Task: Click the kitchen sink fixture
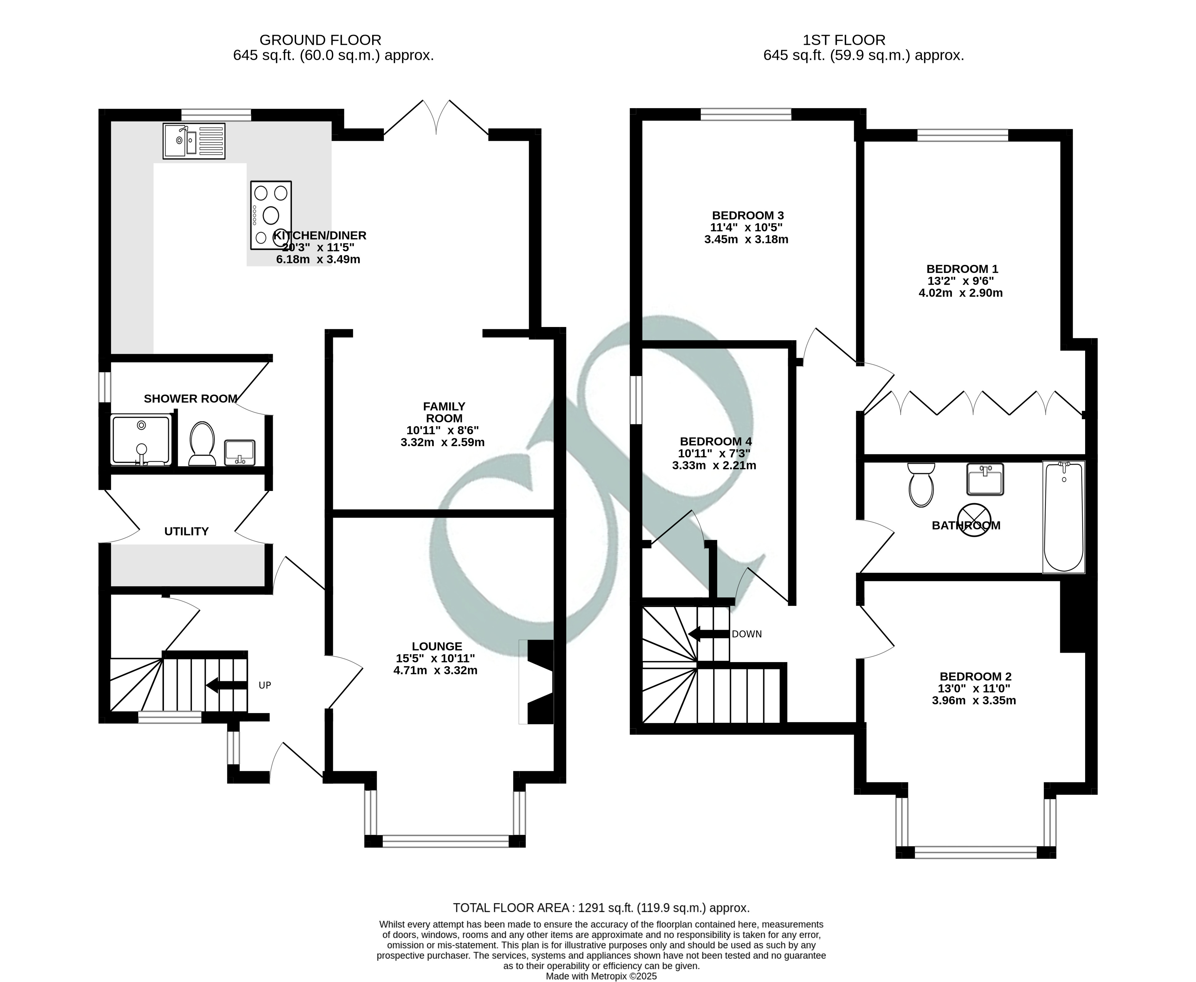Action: [194, 141]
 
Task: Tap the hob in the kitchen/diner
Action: [271, 215]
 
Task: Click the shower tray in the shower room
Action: [141, 440]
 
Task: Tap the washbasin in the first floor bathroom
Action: [985, 479]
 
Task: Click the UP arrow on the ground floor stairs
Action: [226, 685]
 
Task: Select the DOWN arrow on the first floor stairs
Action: [709, 634]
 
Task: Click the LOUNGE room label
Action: [437, 646]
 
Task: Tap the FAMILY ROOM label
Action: [444, 412]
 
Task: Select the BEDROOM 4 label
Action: [716, 441]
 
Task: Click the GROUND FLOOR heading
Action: [320, 40]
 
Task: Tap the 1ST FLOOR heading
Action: [844, 40]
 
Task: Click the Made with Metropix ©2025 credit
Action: [602, 976]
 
